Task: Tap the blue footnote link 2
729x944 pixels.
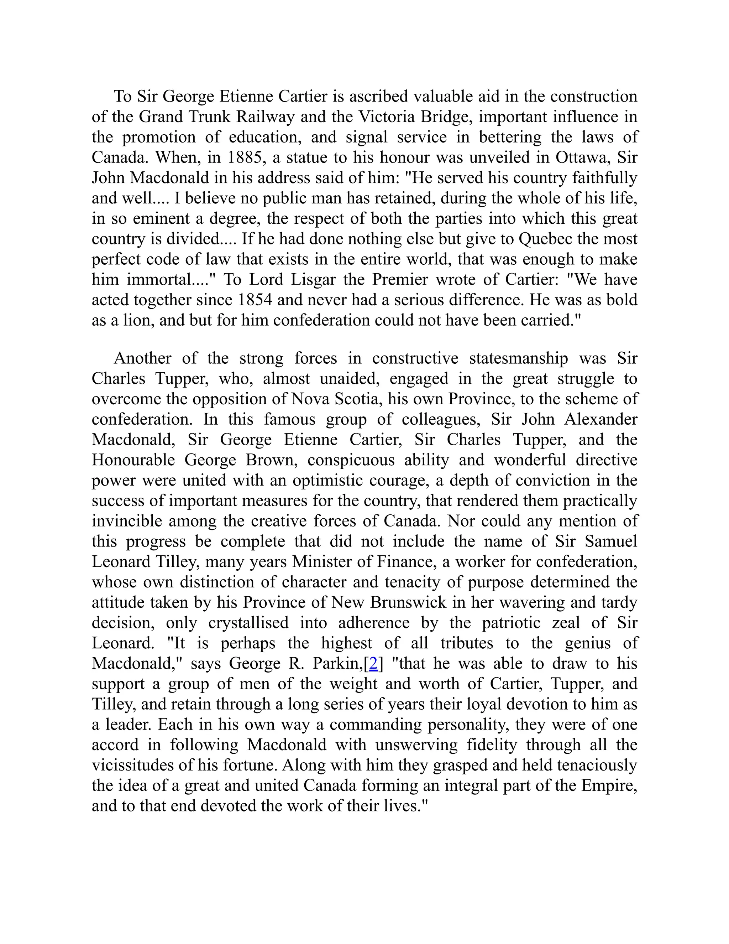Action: coord(373,664)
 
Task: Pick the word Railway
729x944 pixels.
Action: coord(265,117)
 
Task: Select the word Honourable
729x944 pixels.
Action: coord(133,460)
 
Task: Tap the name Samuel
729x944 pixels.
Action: coord(611,541)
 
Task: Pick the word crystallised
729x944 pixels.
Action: coord(248,623)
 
